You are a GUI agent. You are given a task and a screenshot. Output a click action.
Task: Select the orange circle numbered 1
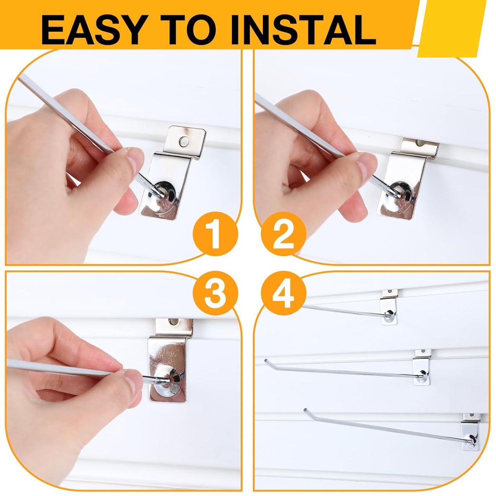(x=215, y=234)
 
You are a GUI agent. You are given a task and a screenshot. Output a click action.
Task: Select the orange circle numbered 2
(x=284, y=234)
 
